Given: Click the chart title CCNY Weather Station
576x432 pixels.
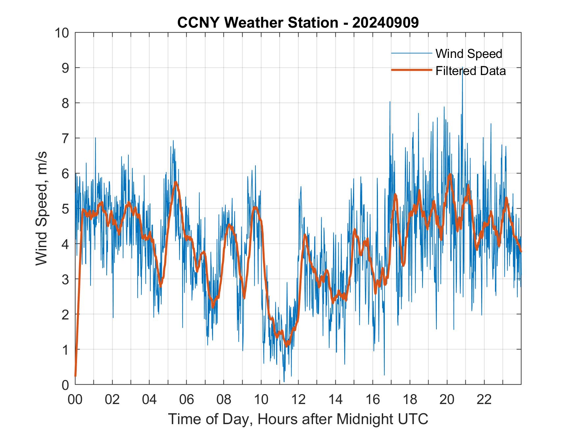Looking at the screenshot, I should [257, 23].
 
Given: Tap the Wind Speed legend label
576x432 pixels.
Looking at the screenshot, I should [469, 54].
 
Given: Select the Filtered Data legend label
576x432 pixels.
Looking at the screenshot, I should [470, 71].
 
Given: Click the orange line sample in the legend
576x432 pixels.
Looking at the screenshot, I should [411, 70].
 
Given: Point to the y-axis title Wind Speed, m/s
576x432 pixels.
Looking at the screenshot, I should [42, 209].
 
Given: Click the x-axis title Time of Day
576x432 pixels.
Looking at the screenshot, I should [298, 419].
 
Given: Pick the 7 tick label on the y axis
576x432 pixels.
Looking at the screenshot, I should [65, 139].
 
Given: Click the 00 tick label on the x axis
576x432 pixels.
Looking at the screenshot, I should [75, 399].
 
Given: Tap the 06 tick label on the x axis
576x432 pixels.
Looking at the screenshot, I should [187, 399].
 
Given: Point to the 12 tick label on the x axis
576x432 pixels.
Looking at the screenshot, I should [298, 399].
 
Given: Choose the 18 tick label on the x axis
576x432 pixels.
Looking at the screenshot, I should [410, 399].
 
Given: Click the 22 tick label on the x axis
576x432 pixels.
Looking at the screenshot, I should [484, 399].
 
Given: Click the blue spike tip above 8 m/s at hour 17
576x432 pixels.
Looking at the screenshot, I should [390, 102].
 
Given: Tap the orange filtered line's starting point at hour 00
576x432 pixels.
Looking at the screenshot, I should [75, 375].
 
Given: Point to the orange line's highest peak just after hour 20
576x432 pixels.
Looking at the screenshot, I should [450, 174].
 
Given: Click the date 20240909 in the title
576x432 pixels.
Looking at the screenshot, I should [385, 23].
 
